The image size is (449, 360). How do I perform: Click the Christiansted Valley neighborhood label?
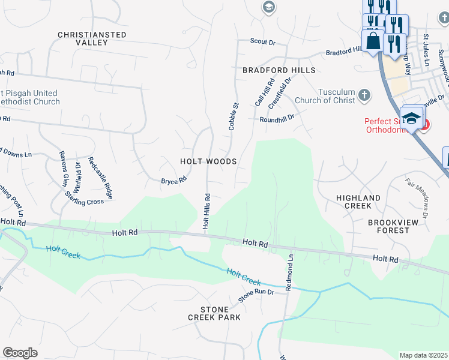click(92, 39)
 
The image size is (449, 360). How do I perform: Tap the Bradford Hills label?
click(279, 70)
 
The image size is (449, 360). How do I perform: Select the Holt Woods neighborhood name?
click(208, 161)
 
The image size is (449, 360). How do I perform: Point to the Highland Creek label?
click(358, 202)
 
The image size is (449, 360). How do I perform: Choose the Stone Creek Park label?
click(214, 313)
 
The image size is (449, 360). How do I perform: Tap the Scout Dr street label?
click(262, 42)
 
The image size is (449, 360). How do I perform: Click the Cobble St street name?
click(234, 116)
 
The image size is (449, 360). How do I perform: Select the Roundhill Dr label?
click(277, 119)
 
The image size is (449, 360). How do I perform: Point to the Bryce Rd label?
click(173, 180)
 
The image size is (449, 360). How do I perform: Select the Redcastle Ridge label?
click(100, 178)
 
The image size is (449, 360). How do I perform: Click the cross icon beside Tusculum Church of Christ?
click(364, 95)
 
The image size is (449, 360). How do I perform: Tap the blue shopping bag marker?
click(373, 42)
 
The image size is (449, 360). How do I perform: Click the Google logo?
click(20, 353)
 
